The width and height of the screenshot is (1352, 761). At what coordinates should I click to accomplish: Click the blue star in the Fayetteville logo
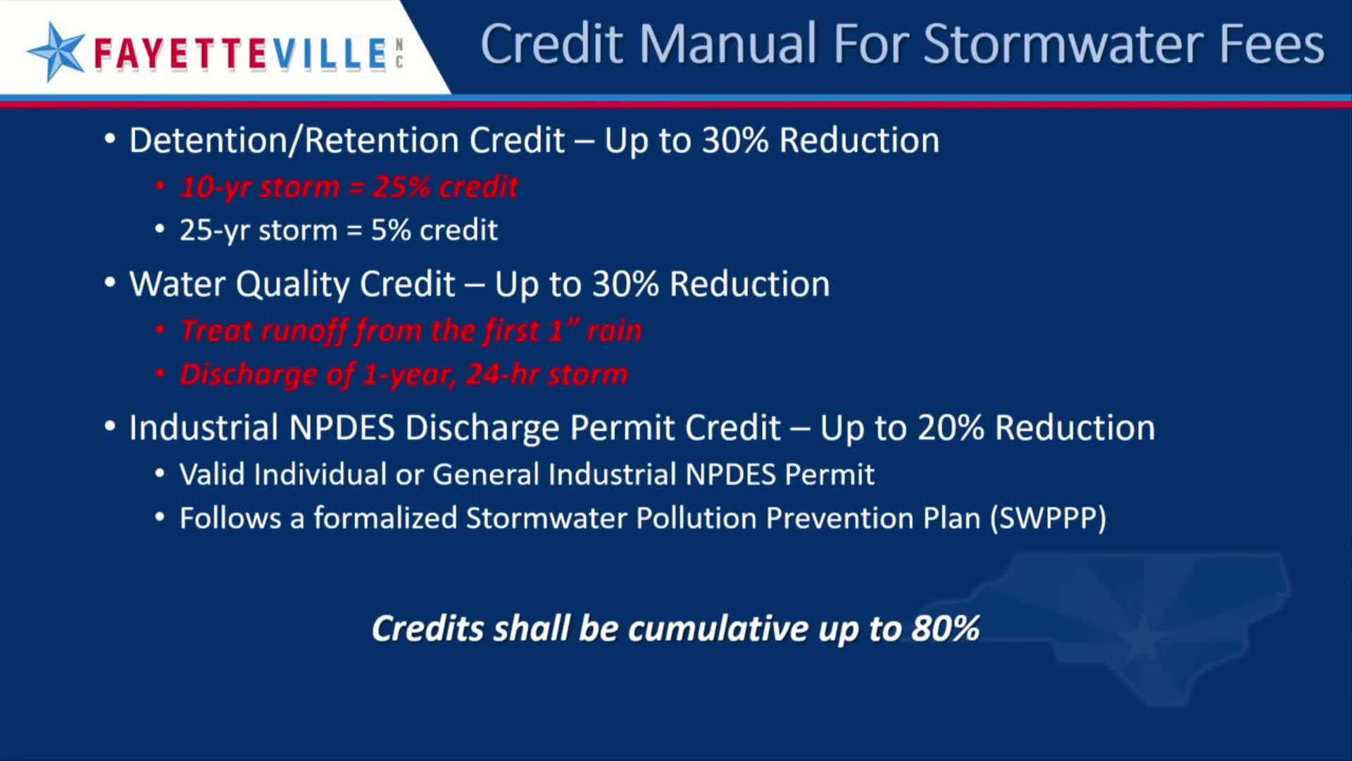(56, 51)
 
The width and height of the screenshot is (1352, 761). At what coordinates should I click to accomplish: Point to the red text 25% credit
(445, 187)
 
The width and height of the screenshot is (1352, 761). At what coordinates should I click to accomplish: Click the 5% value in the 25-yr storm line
(391, 230)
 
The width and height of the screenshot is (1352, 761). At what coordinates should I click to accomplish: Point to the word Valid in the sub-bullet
(212, 474)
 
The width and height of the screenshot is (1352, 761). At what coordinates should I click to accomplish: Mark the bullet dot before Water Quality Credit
(109, 283)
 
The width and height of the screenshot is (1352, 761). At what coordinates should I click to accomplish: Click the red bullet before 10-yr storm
(160, 186)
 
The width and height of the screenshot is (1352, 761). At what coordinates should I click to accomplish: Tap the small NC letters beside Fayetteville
(399, 54)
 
